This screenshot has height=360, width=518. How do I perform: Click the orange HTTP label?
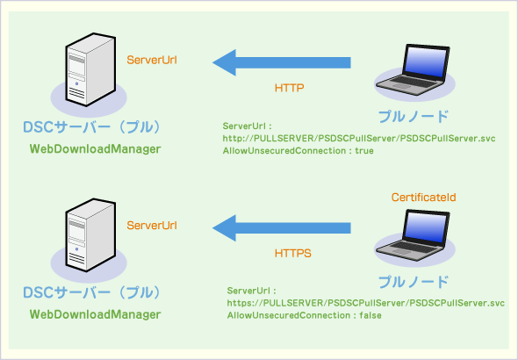289,89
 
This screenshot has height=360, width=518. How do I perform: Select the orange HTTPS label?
292,253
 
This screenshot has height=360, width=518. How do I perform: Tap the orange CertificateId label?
422,199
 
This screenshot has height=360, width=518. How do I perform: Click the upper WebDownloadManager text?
95,150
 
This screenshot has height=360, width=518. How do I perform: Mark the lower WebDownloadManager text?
95,314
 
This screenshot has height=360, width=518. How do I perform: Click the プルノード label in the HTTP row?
413,116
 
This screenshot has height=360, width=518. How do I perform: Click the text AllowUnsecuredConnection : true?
299,151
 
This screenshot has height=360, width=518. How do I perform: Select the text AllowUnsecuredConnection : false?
304,315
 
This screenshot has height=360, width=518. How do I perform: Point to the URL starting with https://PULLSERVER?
365,303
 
